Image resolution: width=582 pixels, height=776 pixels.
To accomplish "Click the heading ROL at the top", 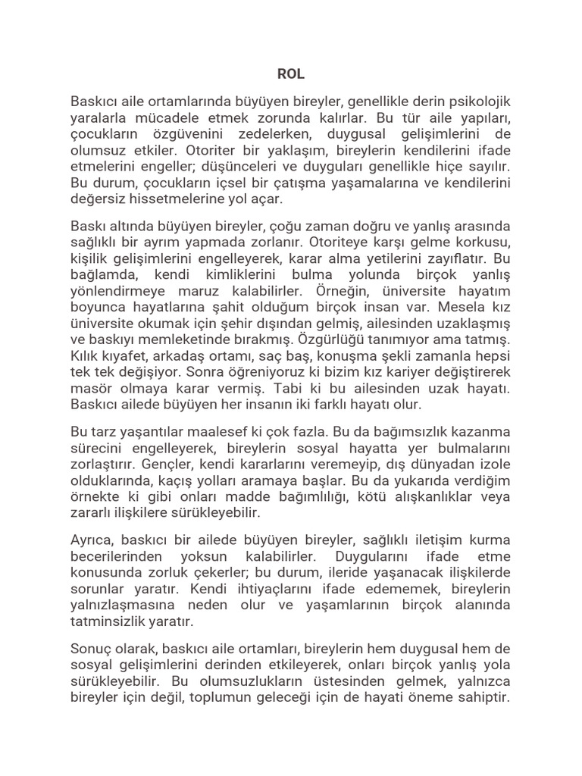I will (291, 75).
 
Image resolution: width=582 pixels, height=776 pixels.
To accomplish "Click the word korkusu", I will (481, 242).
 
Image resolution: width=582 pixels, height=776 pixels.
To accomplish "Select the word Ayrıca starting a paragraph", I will (92, 540).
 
